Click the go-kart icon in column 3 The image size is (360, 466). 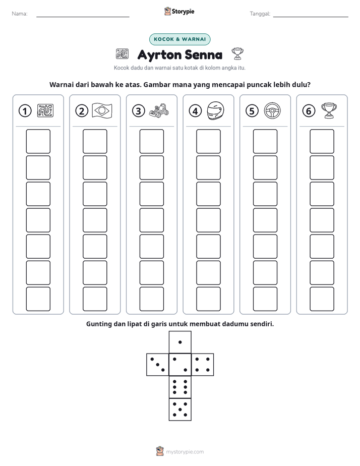pos(159,110)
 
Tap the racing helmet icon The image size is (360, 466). pos(215,110)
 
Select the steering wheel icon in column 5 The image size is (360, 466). pos(272,110)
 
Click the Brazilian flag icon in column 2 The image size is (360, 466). pos(102,110)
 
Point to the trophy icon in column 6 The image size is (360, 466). pos(329,110)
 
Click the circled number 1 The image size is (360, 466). pos(25,111)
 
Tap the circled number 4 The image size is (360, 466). pos(195,111)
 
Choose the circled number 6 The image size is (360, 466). pos(309,111)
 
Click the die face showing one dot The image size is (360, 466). pos(180,342)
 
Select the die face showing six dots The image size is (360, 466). pos(180,387)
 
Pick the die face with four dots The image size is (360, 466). pos(203,365)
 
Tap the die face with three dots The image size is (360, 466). pos(157,365)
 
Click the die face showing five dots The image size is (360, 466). pos(180,410)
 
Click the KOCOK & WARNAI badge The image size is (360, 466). pos(179,39)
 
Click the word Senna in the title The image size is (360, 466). pos(203,55)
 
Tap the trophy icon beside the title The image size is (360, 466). pos(237,54)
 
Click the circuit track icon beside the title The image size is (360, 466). pos(122,54)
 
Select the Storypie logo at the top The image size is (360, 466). pos(179,11)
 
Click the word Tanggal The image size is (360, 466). pos(260,14)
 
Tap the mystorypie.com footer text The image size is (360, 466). pos(185,452)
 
